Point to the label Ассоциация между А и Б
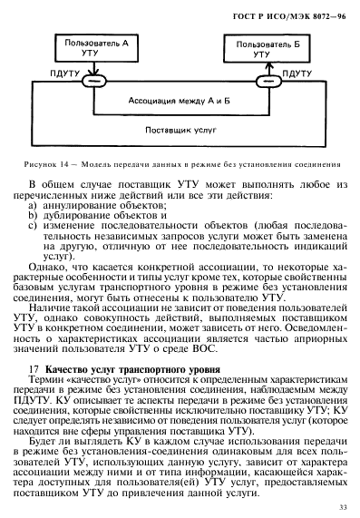[178, 102]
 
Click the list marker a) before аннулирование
[34, 208]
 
